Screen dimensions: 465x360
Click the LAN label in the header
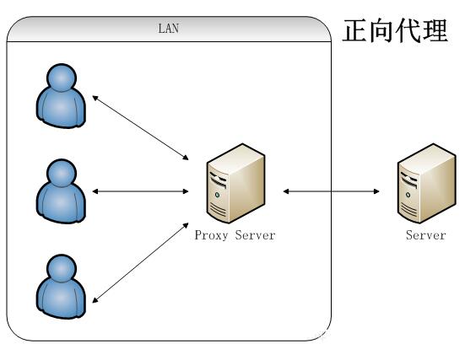(x=169, y=29)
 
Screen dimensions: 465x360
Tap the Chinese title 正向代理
(x=395, y=30)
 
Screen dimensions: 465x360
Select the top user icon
(x=61, y=96)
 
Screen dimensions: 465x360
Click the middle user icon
(x=61, y=191)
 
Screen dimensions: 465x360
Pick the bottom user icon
(x=61, y=287)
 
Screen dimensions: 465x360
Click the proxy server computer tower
(x=235, y=184)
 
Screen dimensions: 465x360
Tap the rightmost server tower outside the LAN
(x=426, y=184)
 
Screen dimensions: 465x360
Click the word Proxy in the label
(x=211, y=235)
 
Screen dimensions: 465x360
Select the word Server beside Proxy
(x=256, y=235)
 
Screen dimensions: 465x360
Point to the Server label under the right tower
(x=426, y=235)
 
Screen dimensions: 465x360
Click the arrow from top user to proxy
(x=141, y=128)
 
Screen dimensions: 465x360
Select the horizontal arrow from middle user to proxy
(x=141, y=191)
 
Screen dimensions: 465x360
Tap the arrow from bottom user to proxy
(x=141, y=263)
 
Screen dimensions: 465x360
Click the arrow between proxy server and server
(x=332, y=191)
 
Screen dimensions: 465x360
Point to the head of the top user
(x=62, y=78)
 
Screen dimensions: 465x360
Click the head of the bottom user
(x=62, y=268)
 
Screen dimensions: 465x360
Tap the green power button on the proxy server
(x=218, y=195)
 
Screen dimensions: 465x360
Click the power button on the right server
(x=408, y=195)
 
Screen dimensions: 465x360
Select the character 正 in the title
(x=355, y=30)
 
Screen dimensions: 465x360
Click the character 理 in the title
(x=435, y=30)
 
